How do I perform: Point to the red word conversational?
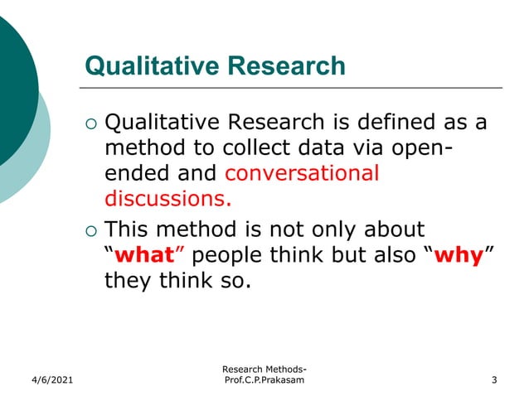tap(302, 174)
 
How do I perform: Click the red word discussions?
tap(168, 199)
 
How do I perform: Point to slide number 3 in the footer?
tap(494, 380)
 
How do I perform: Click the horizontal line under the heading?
tap(291, 87)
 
